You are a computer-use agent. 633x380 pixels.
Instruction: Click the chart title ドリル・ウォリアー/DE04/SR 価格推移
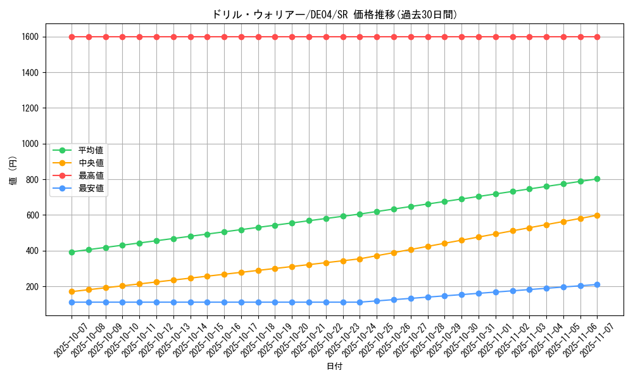tap(334, 15)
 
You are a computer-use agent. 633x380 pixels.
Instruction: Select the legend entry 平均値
tap(91, 150)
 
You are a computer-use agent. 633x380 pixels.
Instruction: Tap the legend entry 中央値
tap(91, 163)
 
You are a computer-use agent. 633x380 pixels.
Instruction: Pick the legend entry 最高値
tap(91, 175)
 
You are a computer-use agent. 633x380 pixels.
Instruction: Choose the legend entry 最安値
tap(91, 188)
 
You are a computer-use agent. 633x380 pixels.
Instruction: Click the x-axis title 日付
tap(334, 367)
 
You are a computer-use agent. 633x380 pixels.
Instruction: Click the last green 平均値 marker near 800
tap(597, 179)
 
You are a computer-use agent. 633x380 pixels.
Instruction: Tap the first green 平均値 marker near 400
tap(72, 252)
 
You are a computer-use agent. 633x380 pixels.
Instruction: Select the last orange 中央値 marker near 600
tap(597, 215)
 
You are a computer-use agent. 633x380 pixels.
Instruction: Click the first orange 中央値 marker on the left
tap(72, 291)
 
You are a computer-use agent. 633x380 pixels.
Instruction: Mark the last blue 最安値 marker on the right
tap(597, 284)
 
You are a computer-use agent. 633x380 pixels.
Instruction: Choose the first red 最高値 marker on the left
tap(72, 37)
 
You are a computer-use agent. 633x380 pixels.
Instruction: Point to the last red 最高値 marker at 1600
tap(597, 37)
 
